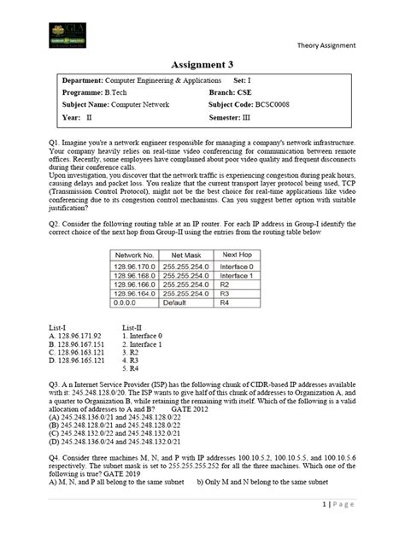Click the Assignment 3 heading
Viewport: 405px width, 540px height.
202,63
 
